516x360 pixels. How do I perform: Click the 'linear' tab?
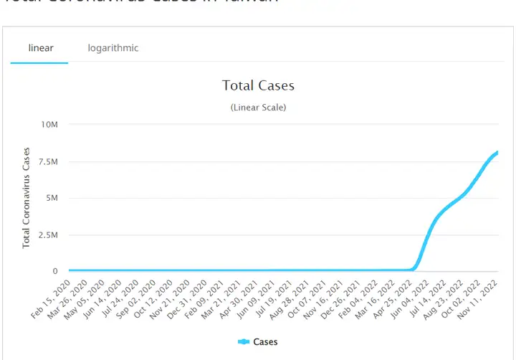[41, 48]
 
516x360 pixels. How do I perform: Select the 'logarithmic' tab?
[113, 48]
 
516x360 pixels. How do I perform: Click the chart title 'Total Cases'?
[258, 85]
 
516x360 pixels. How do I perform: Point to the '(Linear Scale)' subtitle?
[258, 107]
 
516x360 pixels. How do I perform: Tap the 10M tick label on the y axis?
[48, 125]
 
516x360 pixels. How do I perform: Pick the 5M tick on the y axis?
[49, 198]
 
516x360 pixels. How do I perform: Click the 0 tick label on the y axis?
[54, 271]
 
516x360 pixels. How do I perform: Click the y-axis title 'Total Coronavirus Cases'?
[27, 198]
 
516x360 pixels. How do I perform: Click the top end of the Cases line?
[497, 152]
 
